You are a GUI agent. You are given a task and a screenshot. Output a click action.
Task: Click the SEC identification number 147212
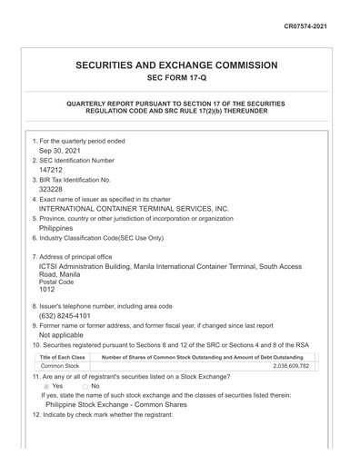pos(52,170)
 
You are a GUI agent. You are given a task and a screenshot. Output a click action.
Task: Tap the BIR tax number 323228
pos(52,190)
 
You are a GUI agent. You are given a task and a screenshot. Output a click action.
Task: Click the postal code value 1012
pos(47,290)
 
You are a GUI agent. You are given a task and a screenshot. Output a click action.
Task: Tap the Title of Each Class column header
pos(65,357)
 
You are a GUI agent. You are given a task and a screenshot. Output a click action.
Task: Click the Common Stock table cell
pos(60,366)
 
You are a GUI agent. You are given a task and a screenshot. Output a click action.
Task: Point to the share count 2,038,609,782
pos(291,366)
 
